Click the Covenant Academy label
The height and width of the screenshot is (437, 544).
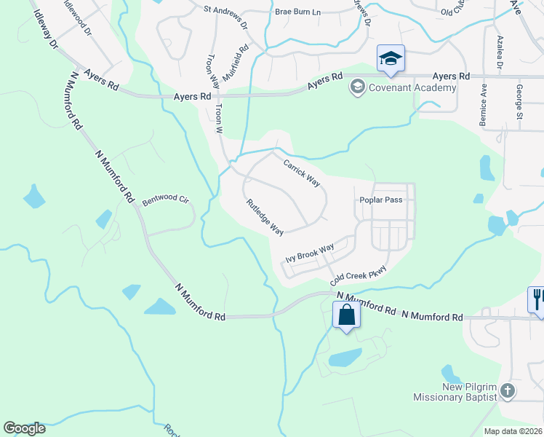pyautogui.click(x=412, y=88)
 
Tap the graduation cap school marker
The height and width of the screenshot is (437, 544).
pyautogui.click(x=391, y=58)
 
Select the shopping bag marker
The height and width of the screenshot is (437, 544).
pyautogui.click(x=346, y=315)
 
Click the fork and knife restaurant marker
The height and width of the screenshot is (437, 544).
pyautogui.click(x=537, y=298)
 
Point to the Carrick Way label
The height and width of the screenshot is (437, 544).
pyautogui.click(x=302, y=173)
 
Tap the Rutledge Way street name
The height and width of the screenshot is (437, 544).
pyautogui.click(x=264, y=217)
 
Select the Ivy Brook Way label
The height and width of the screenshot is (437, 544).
pyautogui.click(x=309, y=252)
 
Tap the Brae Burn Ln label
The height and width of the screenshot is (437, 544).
pyautogui.click(x=298, y=12)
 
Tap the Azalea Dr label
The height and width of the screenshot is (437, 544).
pyautogui.click(x=500, y=52)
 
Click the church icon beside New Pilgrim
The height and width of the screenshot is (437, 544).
pyautogui.click(x=508, y=391)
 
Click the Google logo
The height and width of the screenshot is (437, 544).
pyautogui.click(x=24, y=428)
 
